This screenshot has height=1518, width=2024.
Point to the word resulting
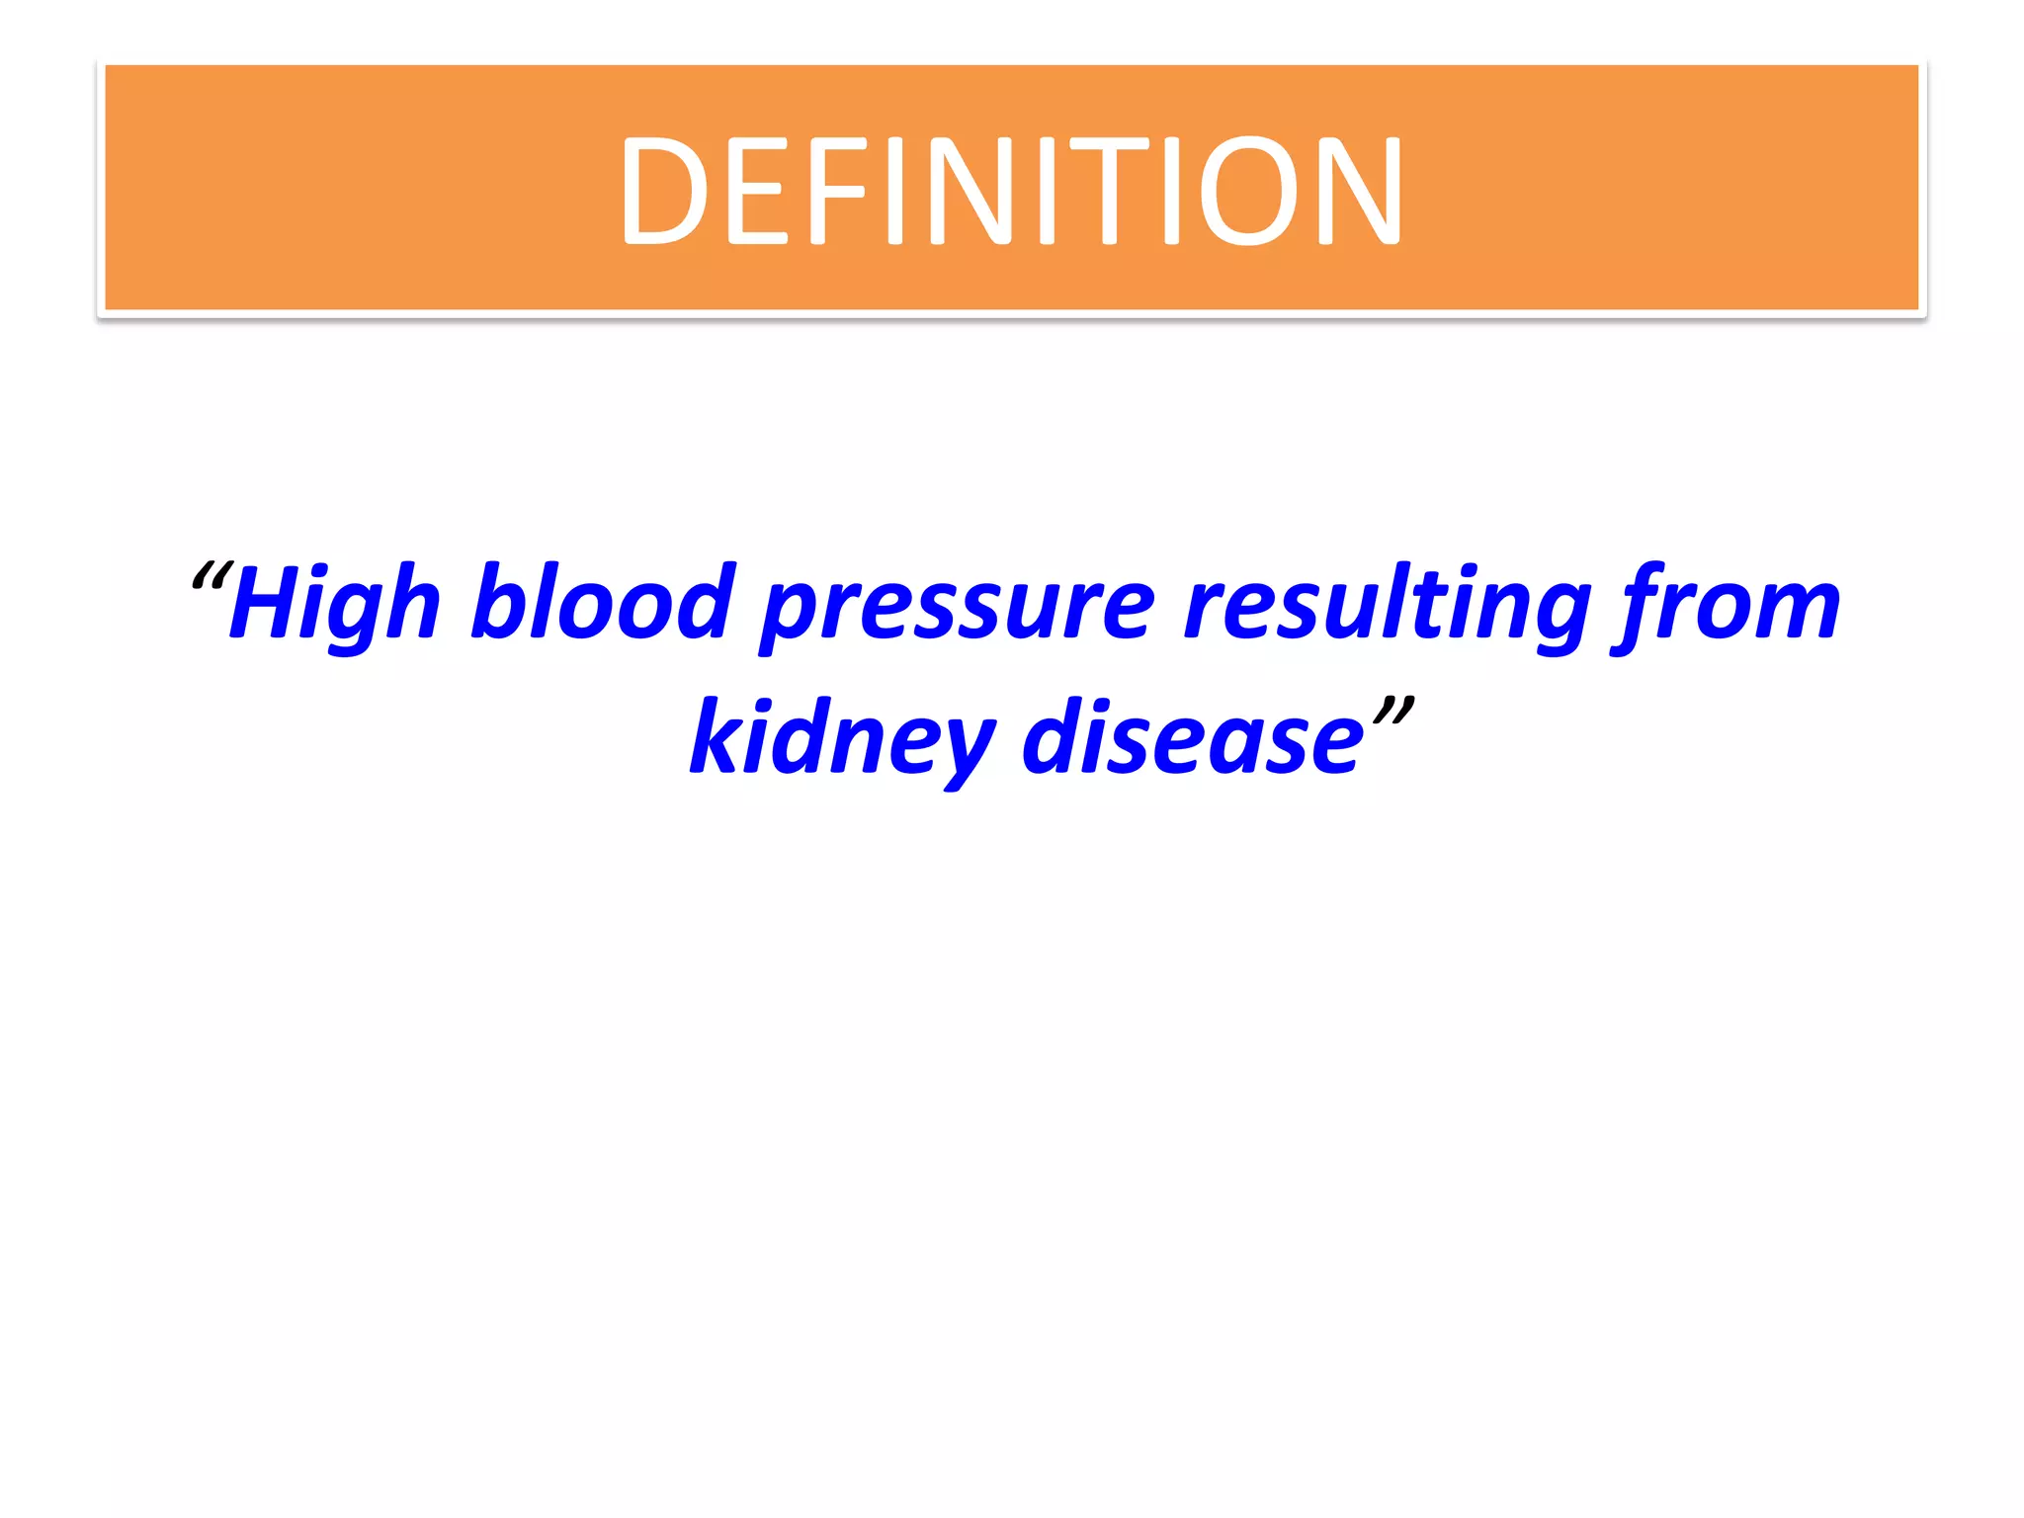click(1387, 605)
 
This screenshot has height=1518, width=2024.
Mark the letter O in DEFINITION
click(1248, 191)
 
